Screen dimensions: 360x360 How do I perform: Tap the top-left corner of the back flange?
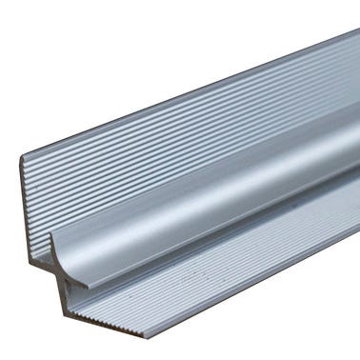[x=21, y=155]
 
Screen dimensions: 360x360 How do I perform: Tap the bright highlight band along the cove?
[x=238, y=171]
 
